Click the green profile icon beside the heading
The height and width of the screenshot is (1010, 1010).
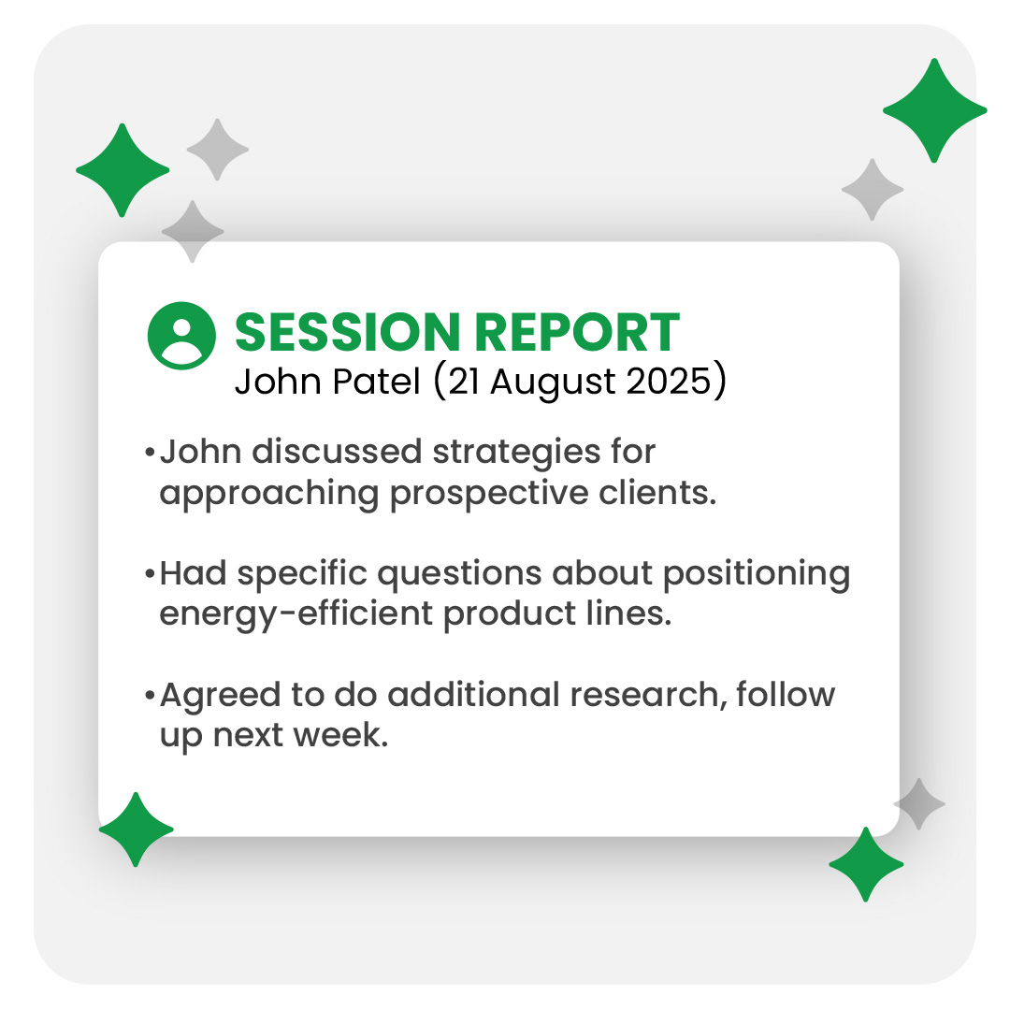coord(181,336)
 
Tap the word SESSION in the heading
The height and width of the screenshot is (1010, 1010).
coord(348,332)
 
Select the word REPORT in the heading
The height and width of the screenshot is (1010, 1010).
coord(578,332)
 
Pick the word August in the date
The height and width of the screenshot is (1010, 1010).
coord(553,382)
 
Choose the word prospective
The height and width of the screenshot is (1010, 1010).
coord(489,495)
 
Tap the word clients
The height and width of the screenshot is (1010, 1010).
coord(657,493)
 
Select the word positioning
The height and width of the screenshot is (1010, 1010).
coord(757,575)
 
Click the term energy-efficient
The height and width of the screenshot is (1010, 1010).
coord(296,613)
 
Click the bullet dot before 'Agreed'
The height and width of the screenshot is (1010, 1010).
coord(150,695)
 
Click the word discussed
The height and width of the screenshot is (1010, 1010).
coord(337,452)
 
